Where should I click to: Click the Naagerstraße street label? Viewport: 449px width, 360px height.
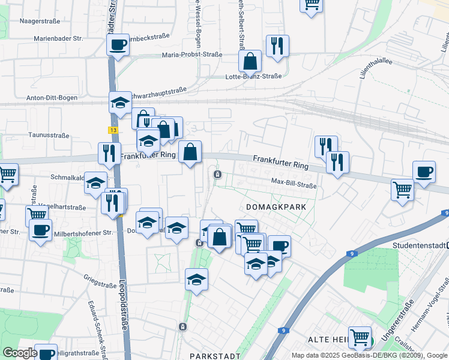click(40, 21)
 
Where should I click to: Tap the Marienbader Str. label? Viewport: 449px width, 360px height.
click(58, 38)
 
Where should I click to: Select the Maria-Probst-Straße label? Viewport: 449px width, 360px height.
click(191, 55)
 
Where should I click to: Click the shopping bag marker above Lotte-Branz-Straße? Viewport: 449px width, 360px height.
click(250, 61)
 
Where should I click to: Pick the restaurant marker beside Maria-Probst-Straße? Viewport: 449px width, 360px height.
click(277, 46)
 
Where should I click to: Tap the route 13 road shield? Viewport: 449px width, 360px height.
click(113, 130)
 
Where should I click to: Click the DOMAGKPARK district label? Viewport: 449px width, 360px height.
click(276, 206)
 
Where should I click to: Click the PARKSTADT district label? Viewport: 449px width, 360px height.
click(211, 356)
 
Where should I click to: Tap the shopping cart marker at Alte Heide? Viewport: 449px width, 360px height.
click(360, 337)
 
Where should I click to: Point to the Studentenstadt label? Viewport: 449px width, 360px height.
click(420, 245)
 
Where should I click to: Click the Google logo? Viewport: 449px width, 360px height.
click(19, 353)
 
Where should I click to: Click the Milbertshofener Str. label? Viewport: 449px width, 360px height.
click(82, 232)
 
